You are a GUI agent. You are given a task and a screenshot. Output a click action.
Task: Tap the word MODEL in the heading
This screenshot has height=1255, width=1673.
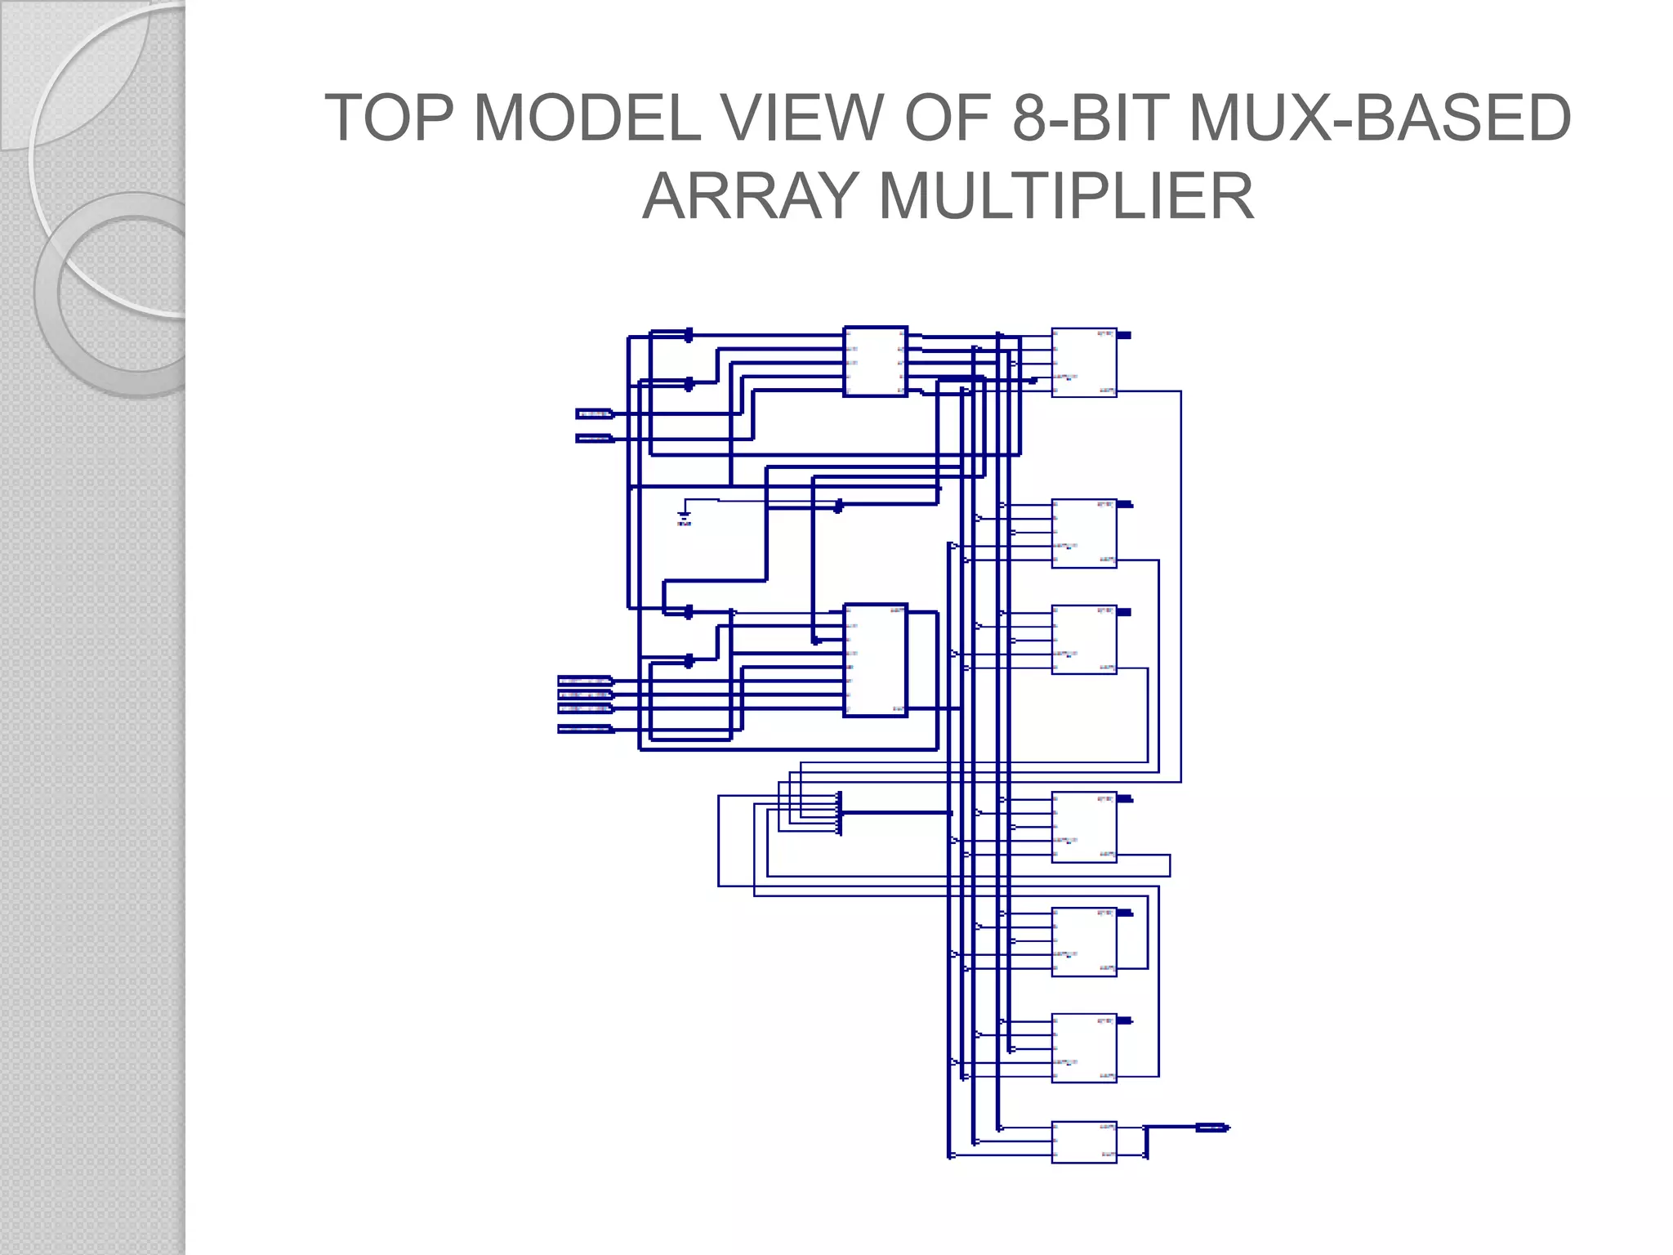point(587,118)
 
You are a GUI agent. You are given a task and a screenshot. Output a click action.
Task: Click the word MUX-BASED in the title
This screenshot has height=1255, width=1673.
point(1380,118)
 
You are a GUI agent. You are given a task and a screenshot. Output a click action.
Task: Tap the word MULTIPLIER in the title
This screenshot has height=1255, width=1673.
point(1065,197)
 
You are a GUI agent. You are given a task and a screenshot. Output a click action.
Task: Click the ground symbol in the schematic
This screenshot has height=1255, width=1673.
point(685,516)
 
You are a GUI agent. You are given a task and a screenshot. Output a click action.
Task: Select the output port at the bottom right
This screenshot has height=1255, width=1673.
point(1212,1128)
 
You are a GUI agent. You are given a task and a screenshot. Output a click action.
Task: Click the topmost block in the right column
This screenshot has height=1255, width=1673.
point(1084,362)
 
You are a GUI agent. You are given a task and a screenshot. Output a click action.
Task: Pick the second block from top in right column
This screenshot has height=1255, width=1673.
point(1084,533)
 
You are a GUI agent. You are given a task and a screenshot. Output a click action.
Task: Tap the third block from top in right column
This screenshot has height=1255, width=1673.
point(1084,639)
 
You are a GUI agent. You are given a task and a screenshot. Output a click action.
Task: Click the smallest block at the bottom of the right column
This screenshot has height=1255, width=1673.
point(1084,1141)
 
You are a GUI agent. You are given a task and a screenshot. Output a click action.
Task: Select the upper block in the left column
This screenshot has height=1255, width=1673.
point(875,361)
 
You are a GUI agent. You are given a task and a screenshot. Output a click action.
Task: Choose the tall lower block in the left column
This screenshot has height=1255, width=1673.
point(875,660)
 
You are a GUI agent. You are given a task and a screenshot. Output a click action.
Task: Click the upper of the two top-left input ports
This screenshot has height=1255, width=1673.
point(594,413)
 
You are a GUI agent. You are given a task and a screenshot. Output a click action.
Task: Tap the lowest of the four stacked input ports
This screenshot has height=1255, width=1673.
point(584,729)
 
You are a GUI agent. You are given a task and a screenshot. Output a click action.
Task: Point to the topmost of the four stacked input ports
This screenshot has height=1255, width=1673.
point(584,680)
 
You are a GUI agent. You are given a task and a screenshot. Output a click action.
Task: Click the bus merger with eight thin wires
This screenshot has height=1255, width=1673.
point(840,813)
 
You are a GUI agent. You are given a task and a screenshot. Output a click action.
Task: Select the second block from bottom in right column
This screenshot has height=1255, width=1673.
point(1084,1047)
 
